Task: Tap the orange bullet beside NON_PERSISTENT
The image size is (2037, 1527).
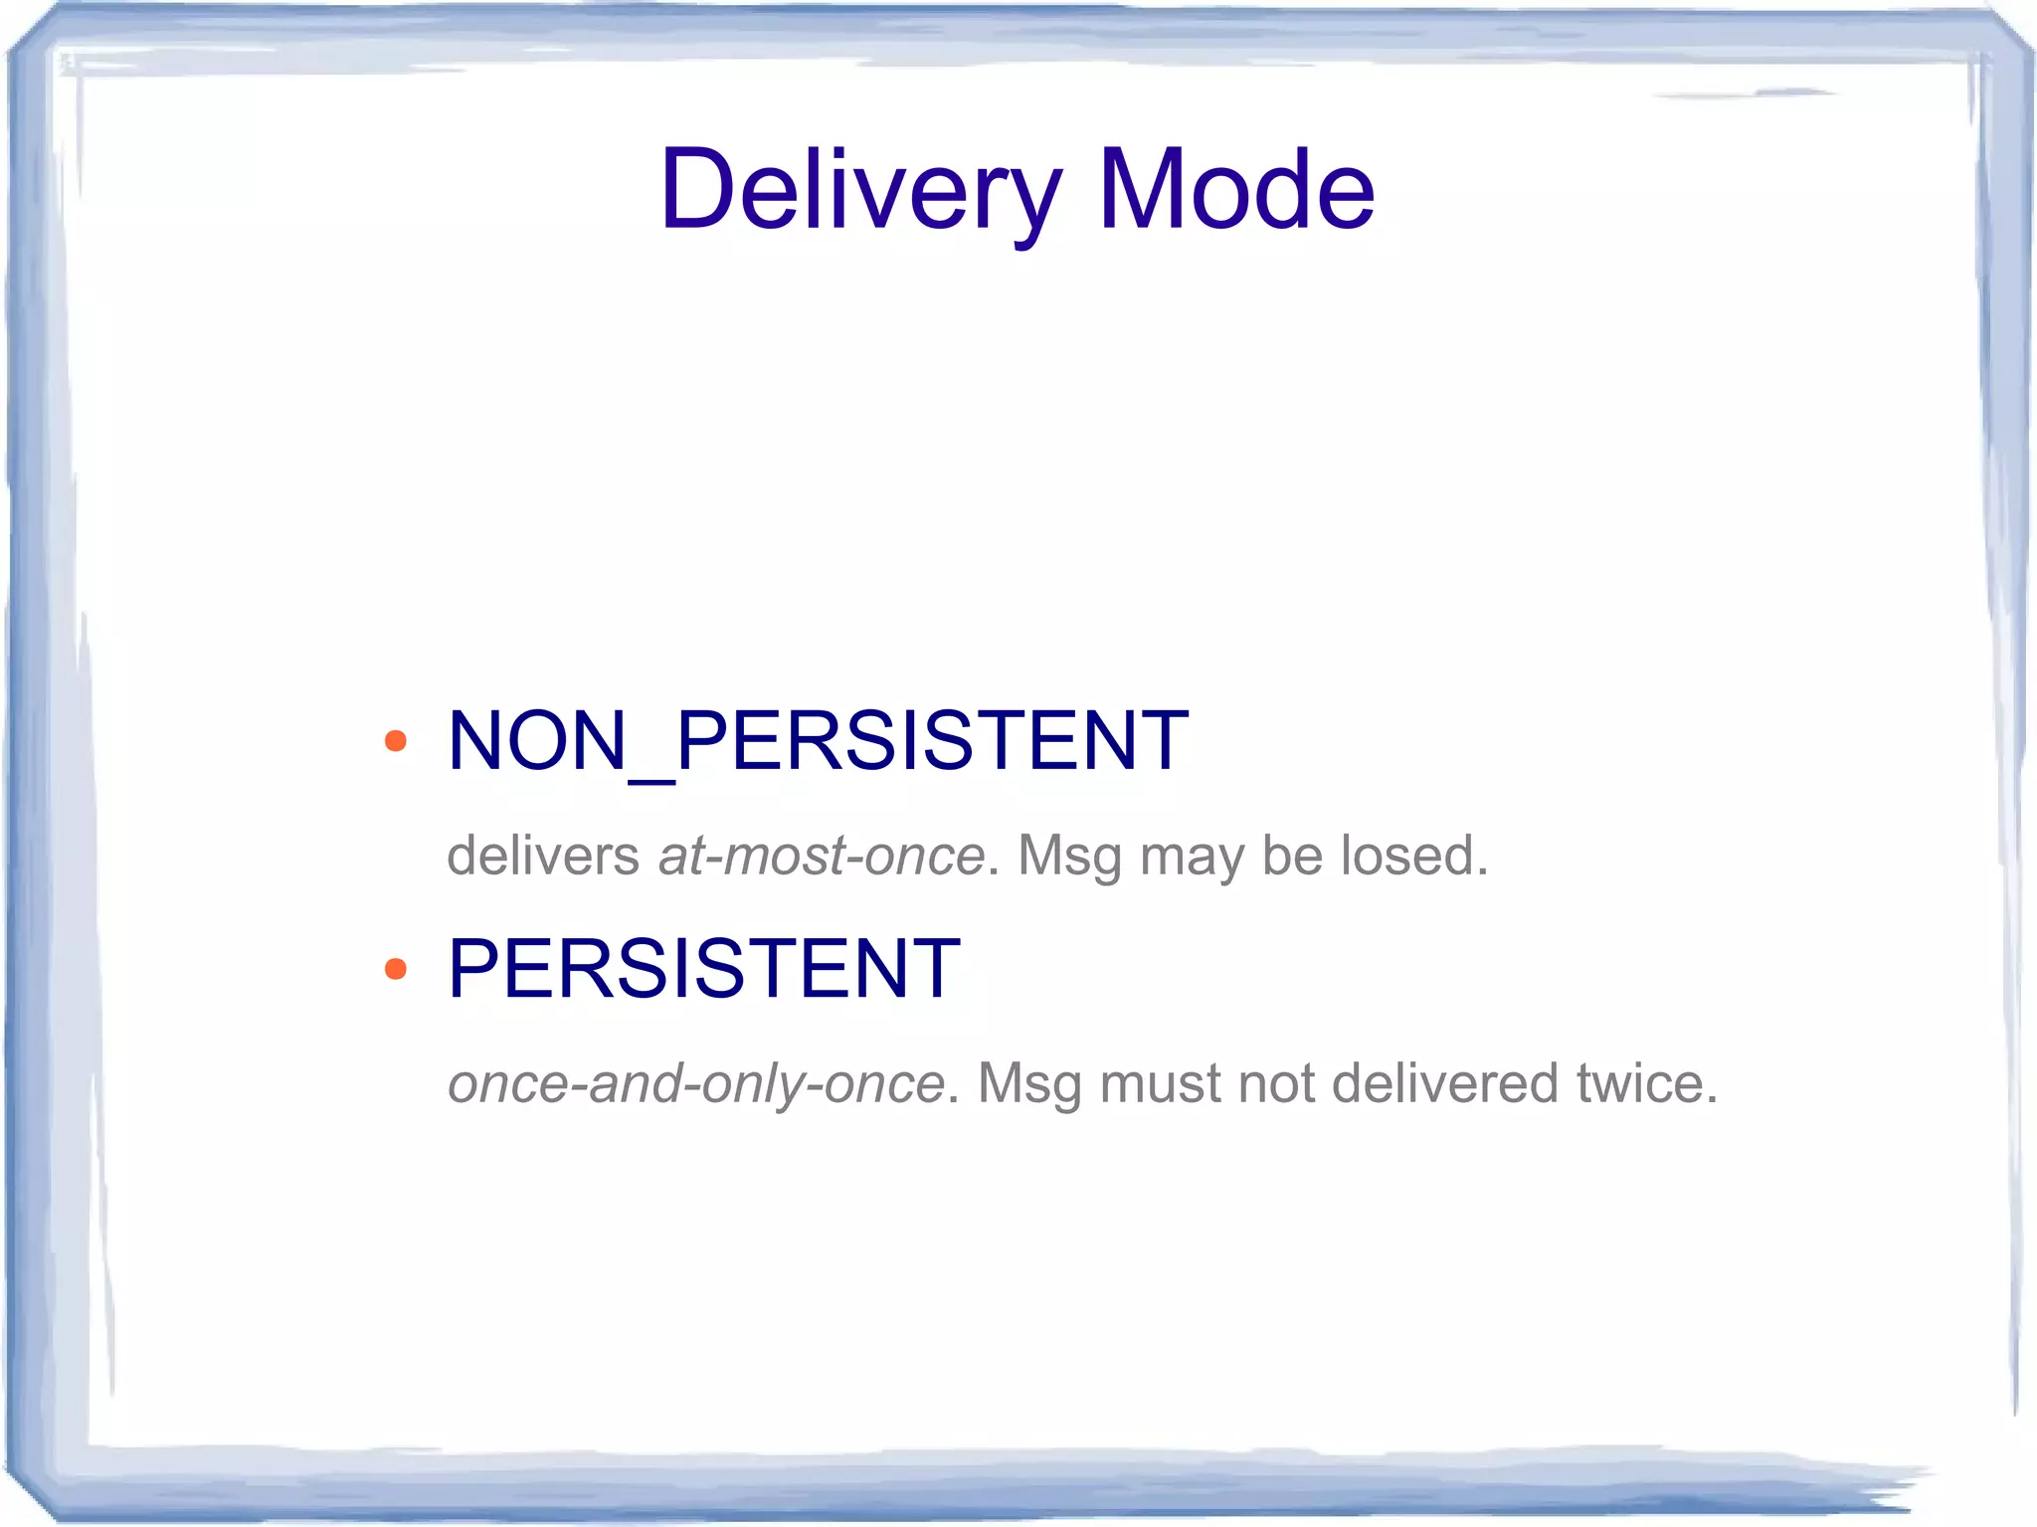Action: pos(396,741)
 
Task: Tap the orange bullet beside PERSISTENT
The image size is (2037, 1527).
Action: pos(396,969)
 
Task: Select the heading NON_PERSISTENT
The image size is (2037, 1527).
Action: pos(818,741)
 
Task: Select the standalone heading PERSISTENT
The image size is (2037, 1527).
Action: pos(704,969)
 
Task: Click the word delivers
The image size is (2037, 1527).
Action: pos(543,856)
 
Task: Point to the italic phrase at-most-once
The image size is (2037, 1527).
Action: pos(822,856)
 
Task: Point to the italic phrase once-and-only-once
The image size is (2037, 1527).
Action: pos(695,1083)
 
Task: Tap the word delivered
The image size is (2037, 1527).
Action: pos(1445,1083)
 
